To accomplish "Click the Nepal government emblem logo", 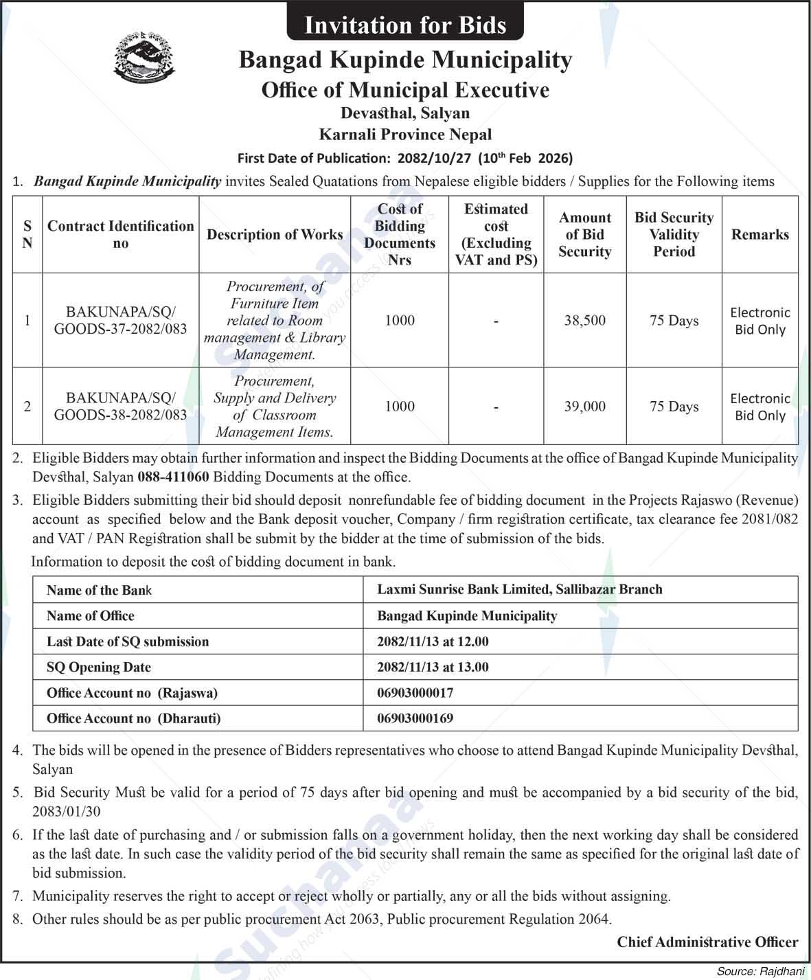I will coord(144,56).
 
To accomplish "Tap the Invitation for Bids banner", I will coord(405,25).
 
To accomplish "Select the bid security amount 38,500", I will coord(584,321).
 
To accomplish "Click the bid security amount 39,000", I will coord(584,407).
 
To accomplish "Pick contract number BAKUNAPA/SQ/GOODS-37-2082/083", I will coord(120,321).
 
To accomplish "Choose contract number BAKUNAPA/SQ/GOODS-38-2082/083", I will coord(120,407).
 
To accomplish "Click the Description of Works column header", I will coord(275,235).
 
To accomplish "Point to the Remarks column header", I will coord(759,235).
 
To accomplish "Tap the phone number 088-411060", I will coord(173,477).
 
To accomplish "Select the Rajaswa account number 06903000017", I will coord(415,693).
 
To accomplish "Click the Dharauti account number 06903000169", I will coord(415,718).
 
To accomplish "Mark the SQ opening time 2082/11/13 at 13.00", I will coord(433,667).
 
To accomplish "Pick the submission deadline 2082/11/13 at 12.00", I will coord(433,641).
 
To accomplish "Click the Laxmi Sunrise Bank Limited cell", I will coord(519,589).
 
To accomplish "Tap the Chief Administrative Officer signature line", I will coord(707,942).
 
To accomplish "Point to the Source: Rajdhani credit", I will coord(761,971).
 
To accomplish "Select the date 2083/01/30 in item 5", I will coord(66,811).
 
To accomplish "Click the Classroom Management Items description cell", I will coord(275,407).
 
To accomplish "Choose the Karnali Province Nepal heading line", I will coord(405,135).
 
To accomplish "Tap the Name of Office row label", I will coord(90,616).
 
